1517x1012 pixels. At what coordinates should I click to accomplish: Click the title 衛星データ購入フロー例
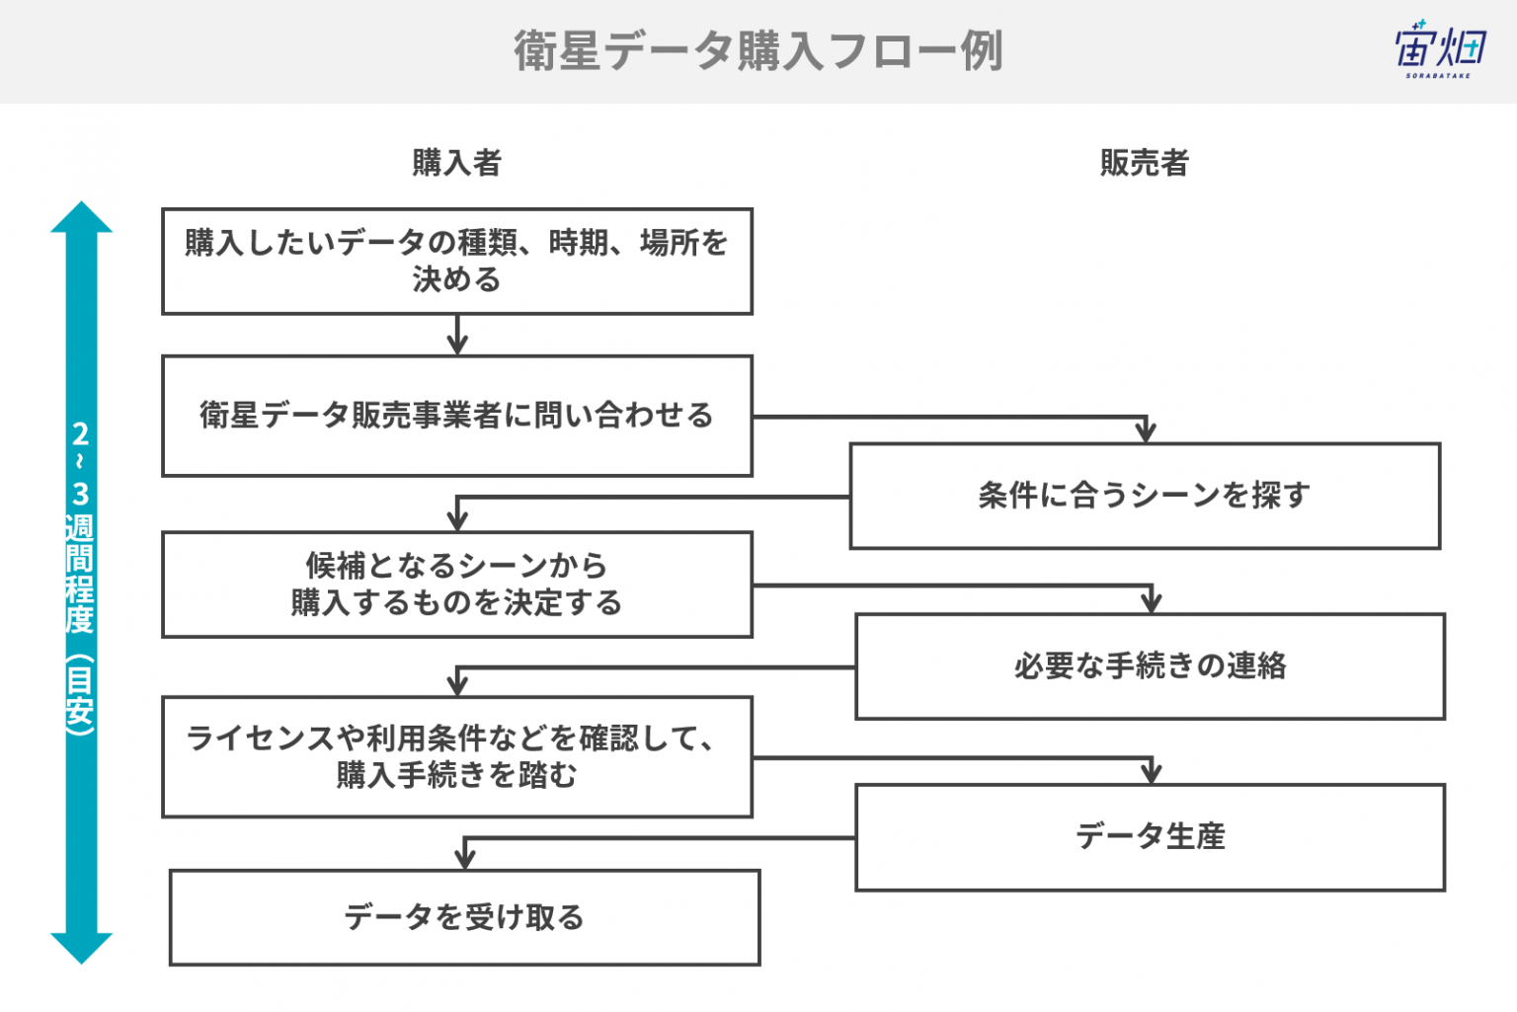click(758, 50)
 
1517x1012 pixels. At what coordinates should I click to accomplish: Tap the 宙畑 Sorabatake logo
click(1440, 48)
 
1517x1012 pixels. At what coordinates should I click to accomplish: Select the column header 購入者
click(457, 163)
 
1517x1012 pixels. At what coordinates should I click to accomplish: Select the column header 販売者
click(1145, 163)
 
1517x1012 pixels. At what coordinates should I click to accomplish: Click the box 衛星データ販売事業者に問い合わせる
click(457, 416)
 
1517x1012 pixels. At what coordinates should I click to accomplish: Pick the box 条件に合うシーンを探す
click(1146, 496)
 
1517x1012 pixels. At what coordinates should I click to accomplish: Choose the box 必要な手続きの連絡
click(1151, 666)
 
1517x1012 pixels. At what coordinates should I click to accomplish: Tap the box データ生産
click(1151, 837)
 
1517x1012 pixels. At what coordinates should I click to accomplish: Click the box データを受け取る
click(464, 917)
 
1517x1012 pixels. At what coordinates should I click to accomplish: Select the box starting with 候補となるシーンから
click(457, 584)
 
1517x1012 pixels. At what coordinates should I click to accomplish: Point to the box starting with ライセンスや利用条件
click(457, 757)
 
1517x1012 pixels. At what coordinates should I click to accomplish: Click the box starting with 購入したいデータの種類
click(457, 262)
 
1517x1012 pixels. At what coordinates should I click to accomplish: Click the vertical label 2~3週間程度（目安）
click(80, 579)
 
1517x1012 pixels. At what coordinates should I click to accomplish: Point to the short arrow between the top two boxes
click(458, 335)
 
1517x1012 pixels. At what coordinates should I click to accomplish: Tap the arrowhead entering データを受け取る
click(464, 859)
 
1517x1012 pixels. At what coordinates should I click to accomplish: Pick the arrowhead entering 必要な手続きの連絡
click(1152, 602)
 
